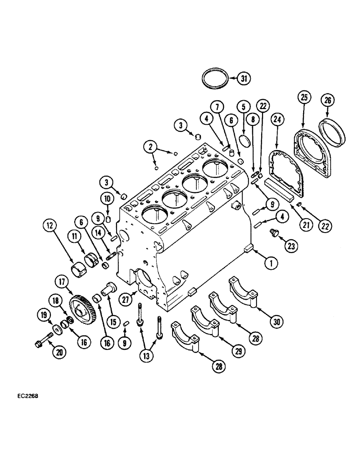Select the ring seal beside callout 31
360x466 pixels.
[216, 77]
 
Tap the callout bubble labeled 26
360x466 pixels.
[326, 100]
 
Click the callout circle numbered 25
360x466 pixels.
[304, 98]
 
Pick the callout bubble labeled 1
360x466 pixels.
[269, 263]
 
